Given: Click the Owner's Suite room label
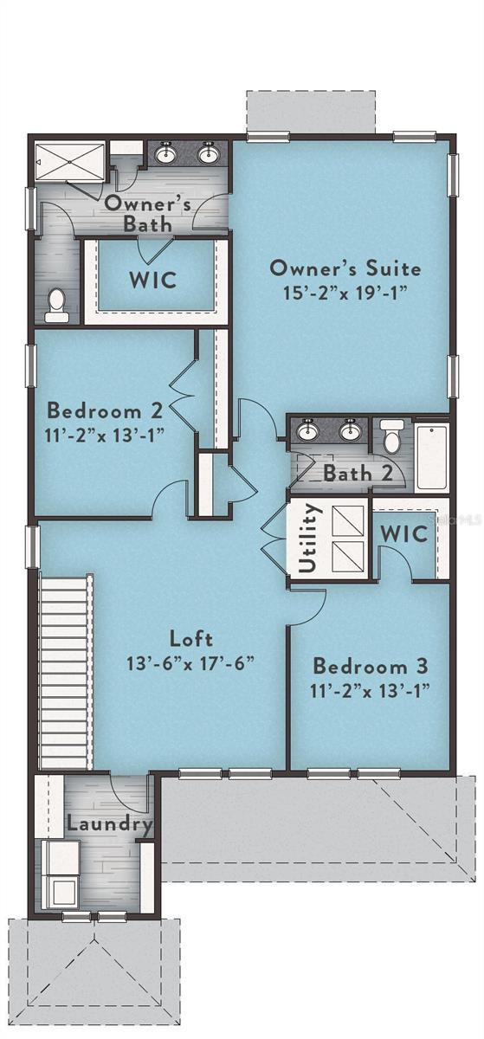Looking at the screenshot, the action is click(345, 268).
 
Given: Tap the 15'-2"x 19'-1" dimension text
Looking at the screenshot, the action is click(345, 293).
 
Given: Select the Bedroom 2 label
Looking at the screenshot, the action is click(105, 411).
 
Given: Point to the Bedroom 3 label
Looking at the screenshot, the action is click(370, 666).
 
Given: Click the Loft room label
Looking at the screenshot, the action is click(191, 639).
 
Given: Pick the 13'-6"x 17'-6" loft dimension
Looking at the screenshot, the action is click(190, 663).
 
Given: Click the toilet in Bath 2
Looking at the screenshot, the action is click(392, 436).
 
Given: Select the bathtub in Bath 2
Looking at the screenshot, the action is click(431, 457).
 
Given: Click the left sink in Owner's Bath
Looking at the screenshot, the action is click(165, 153).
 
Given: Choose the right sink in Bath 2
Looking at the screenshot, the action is click(349, 431).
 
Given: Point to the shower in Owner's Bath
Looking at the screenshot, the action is click(69, 161).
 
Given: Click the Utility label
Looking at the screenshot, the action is click(308, 538).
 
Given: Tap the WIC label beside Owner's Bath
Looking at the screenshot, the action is click(153, 281).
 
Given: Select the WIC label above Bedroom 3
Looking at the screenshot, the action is click(403, 534).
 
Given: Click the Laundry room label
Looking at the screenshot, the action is click(109, 823).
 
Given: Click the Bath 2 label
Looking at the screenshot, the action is click(358, 473).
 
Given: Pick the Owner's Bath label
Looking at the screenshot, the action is click(147, 213).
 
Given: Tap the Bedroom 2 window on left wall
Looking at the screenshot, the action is click(31, 365).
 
